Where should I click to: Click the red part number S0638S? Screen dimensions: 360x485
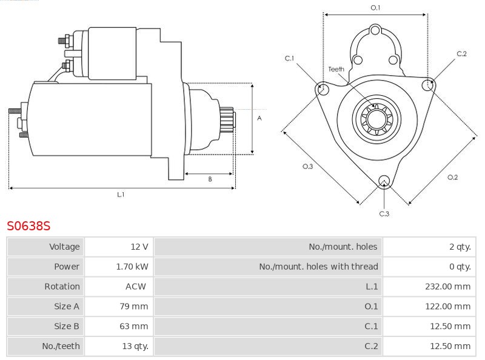28,226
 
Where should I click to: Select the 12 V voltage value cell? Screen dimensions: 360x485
139,247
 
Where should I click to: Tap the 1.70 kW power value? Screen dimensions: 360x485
132,267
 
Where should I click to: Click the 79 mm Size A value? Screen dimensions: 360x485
134,307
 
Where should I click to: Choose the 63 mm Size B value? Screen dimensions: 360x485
134,327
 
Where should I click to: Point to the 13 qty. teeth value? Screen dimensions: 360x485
133,347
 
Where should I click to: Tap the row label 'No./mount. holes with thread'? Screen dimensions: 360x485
318,267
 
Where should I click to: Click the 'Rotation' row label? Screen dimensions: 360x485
62,287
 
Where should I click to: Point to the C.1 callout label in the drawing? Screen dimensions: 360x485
289,58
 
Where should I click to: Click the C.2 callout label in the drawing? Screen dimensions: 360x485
461,54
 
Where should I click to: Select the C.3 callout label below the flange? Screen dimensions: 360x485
384,213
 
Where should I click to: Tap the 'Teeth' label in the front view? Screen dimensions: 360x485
336,69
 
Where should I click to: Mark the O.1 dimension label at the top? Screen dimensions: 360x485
375,7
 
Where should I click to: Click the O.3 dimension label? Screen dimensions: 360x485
307,167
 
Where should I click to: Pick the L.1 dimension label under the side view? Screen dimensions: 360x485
121,195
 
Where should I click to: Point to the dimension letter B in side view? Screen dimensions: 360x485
210,179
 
